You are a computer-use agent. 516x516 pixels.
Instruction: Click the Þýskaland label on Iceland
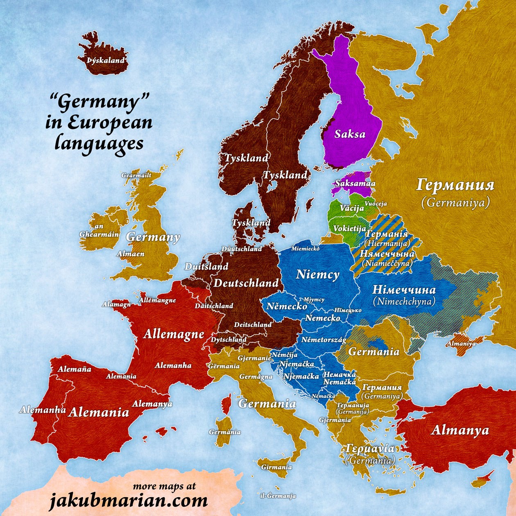(106, 61)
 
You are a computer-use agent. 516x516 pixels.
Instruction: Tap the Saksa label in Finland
(350, 134)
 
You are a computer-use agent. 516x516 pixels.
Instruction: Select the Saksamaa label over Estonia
(355, 184)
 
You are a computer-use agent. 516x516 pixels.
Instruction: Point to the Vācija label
(352, 208)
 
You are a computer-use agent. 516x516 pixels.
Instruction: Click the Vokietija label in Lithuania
(349, 229)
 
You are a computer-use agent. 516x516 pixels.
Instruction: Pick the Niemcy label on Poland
(317, 274)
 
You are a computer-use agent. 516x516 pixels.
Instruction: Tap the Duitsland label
(206, 267)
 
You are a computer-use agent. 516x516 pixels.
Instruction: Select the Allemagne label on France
(174, 334)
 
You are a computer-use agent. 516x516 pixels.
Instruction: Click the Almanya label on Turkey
(460, 430)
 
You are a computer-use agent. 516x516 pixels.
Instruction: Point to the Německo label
(287, 306)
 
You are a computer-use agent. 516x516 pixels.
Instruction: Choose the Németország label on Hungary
(324, 340)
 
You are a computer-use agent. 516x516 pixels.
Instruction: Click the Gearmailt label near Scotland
(136, 175)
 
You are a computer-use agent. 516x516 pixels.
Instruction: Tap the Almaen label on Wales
(131, 254)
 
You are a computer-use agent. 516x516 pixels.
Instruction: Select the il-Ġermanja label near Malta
(278, 496)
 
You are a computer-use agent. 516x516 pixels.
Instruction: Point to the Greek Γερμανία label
(370, 448)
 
